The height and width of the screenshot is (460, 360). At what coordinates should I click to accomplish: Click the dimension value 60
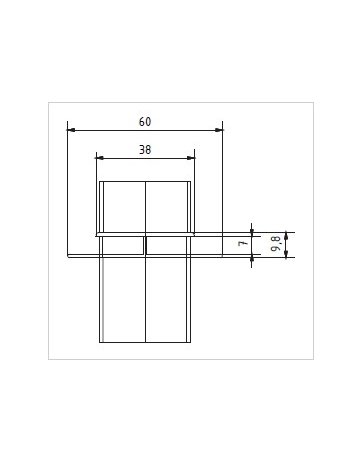click(145, 122)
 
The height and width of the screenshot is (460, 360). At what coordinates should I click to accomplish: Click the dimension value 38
click(145, 149)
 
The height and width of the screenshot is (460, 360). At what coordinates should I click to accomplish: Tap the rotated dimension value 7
click(242, 243)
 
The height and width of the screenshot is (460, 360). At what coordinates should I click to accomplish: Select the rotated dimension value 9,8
click(275, 244)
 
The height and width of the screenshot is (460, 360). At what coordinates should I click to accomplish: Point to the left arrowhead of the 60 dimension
click(70, 129)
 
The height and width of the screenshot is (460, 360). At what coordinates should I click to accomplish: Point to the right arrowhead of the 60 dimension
click(220, 129)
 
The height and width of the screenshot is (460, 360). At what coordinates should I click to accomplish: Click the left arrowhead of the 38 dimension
click(98, 157)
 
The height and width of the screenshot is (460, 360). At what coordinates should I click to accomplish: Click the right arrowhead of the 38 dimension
click(192, 157)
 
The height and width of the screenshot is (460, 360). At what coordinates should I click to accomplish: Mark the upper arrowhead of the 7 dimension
click(252, 228)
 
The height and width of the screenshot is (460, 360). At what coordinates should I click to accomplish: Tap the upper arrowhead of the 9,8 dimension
click(286, 235)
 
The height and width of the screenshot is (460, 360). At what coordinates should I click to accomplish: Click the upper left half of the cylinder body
click(123, 208)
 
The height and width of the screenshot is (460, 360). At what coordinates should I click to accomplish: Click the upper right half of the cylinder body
click(167, 208)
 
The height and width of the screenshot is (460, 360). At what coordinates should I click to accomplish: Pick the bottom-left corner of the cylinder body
click(100, 342)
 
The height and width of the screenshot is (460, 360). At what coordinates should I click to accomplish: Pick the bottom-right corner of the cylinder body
click(190, 342)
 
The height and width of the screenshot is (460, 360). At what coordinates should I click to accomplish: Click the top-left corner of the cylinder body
click(100, 181)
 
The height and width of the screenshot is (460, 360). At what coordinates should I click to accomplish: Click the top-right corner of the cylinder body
click(190, 181)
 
